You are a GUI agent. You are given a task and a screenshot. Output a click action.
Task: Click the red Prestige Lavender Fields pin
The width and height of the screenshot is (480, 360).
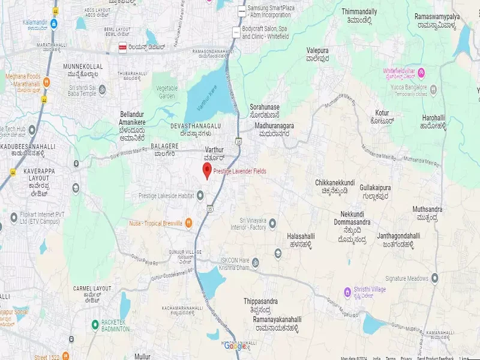pos(207,170)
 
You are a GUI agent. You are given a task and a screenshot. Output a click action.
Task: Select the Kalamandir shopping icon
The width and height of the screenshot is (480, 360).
pos(54,23)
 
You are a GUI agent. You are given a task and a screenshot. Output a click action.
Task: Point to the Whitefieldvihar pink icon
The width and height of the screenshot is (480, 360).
pos(422,73)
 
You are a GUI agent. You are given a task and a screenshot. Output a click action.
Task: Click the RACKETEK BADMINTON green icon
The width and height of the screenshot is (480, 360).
pos(95,325)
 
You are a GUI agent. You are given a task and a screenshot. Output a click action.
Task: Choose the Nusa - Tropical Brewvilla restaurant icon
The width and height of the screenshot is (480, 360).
pos(188,223)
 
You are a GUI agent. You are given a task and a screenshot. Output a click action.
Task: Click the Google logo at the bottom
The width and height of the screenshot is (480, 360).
pos(236,346)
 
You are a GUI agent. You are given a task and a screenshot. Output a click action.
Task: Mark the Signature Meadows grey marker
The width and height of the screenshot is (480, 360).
pos(434,278)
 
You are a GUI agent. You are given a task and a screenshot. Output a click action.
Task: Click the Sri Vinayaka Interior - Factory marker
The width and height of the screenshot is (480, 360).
pos(272,223)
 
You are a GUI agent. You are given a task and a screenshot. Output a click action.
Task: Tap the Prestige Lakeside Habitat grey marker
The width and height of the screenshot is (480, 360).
pos(200,195)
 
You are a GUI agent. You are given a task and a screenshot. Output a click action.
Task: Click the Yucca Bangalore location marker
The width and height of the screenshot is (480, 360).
pos(434,90)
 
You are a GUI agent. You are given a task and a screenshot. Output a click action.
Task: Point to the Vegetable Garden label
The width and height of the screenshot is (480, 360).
pos(167,92)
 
